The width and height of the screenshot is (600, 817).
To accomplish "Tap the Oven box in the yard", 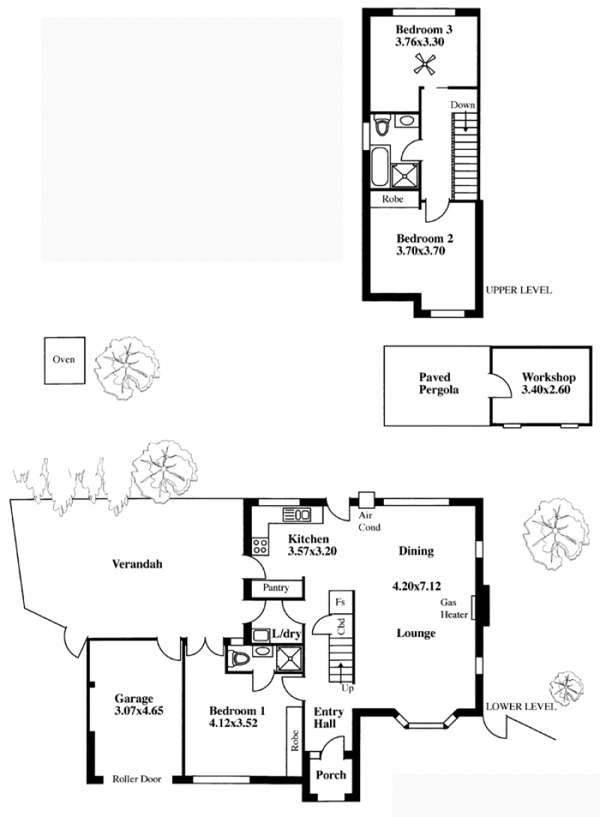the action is (x=64, y=360).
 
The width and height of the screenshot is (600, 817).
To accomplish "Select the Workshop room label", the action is (x=548, y=377).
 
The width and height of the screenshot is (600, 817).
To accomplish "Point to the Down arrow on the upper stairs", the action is (x=463, y=124).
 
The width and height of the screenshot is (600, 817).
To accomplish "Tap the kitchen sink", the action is (x=296, y=516).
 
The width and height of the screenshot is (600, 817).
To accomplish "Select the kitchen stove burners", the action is (x=259, y=546).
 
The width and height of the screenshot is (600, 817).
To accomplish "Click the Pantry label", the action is (x=275, y=588).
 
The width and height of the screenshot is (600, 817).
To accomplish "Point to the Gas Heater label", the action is (x=453, y=608).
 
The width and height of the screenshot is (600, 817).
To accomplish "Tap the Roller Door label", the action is (x=137, y=779).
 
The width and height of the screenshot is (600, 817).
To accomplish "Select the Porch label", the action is (x=331, y=775).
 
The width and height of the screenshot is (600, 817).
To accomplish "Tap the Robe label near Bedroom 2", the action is (x=392, y=199).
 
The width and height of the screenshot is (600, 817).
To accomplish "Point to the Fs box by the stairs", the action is (x=340, y=603).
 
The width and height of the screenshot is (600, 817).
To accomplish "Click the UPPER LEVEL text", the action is (x=518, y=290).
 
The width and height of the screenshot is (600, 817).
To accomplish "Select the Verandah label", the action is (x=137, y=564).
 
